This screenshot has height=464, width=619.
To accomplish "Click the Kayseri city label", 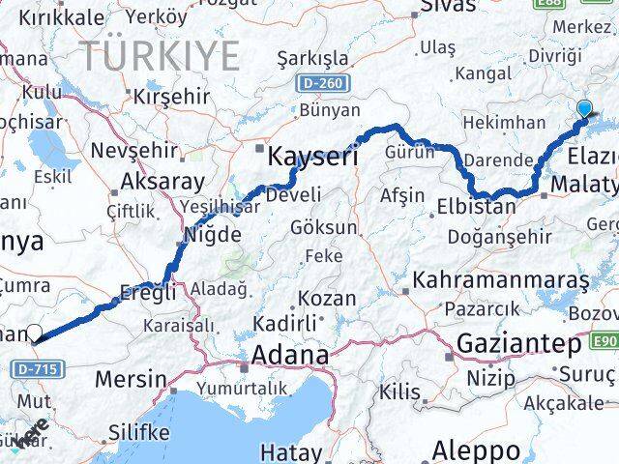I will (x=312, y=156).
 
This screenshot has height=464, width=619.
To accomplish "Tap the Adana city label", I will (x=289, y=356).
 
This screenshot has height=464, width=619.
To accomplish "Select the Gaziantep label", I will (x=519, y=344).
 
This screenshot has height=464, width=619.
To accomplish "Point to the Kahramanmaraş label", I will (x=500, y=280).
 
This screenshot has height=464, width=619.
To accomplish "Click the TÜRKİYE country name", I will (x=160, y=56).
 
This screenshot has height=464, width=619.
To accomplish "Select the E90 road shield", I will (x=604, y=341).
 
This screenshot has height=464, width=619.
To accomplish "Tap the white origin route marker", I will (x=35, y=333).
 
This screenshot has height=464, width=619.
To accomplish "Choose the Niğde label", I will (x=213, y=235).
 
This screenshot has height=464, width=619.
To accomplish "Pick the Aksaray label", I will (x=162, y=182).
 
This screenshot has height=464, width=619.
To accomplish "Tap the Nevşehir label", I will (x=133, y=151).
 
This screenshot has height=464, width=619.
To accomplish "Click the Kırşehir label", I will (x=170, y=97).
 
